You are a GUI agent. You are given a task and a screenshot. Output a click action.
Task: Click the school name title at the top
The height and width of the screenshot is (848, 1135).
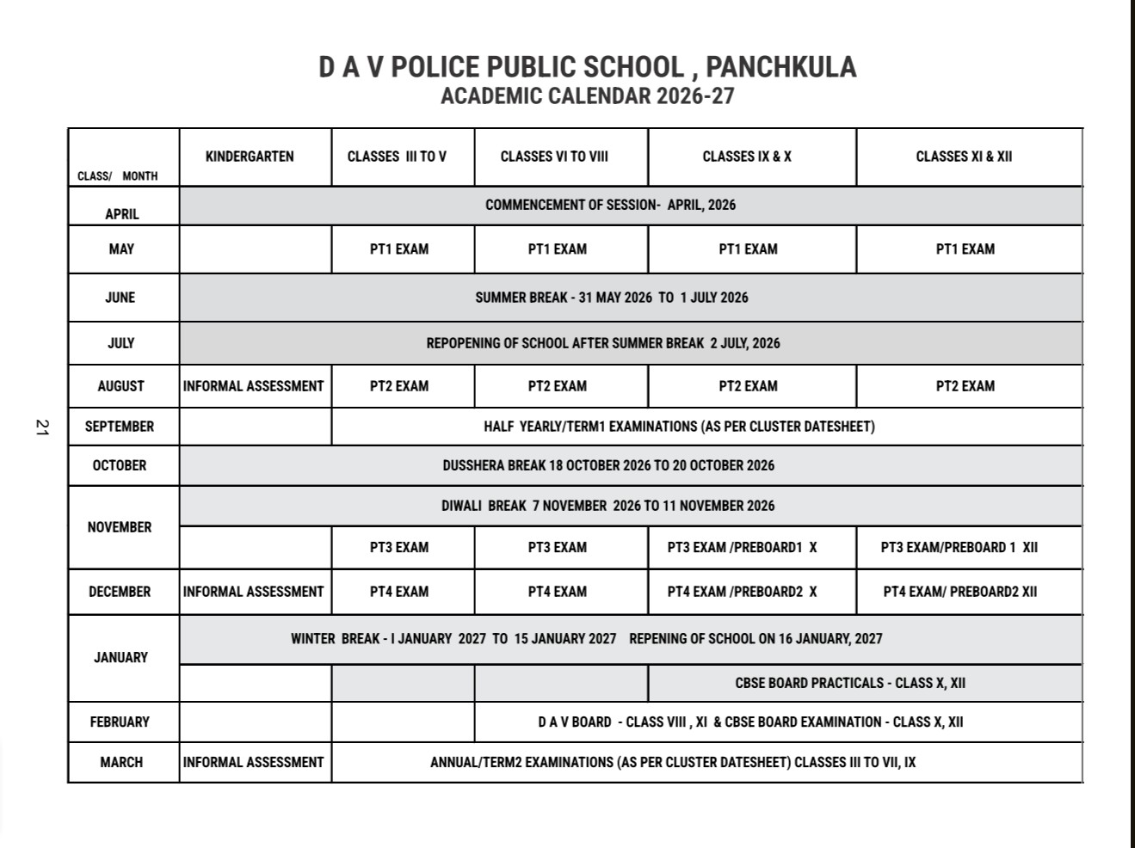pos(587,67)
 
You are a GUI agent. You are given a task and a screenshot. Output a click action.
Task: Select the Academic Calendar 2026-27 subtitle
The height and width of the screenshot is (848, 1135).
pos(587,95)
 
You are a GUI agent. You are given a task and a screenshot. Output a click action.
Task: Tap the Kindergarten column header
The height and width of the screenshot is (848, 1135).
pos(250,157)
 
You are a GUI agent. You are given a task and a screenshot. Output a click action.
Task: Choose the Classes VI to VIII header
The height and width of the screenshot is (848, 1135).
pos(554,157)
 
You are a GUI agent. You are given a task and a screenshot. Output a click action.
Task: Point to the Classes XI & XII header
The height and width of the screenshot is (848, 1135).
pos(964,157)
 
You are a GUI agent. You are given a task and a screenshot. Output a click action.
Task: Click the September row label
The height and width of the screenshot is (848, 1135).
pos(120,427)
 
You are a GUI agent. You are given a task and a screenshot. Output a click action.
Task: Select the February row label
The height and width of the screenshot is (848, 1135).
pos(120,722)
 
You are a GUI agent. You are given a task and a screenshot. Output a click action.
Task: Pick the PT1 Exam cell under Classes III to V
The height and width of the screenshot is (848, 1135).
pos(399,249)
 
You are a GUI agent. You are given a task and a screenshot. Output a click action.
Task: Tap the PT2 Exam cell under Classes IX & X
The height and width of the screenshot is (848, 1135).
pos(748,387)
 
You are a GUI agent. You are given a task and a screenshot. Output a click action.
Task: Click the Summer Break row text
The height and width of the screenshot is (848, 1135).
pos(612,298)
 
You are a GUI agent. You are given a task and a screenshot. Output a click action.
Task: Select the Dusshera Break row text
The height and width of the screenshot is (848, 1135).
pos(608,465)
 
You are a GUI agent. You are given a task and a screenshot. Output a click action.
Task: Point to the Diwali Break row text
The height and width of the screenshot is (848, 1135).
pos(608,506)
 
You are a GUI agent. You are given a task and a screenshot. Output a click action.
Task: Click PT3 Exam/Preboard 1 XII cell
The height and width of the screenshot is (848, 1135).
pos(959,547)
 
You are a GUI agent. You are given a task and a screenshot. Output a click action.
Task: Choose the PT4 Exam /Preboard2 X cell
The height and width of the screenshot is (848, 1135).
pos(742,592)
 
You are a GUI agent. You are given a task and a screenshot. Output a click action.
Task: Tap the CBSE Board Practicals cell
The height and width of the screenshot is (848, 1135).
pos(850,683)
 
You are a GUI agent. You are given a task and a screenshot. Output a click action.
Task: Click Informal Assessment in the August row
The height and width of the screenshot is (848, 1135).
pos(253,387)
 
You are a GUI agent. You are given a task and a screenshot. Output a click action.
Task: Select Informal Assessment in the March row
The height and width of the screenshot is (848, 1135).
pos(253,762)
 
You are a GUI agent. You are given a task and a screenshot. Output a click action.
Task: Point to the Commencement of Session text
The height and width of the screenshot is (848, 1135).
pos(610,205)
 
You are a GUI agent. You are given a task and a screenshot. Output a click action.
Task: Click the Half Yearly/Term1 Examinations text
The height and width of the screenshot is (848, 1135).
pos(679,427)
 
